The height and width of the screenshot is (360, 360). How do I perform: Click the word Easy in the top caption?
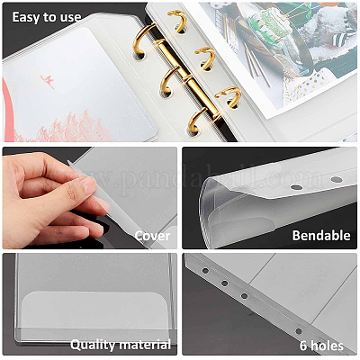pos(26,17)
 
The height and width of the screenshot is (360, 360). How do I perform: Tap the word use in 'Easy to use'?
pos(70,18)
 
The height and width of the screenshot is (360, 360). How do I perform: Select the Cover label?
pos(152,236)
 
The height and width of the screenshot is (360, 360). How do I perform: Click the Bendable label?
pos(321,236)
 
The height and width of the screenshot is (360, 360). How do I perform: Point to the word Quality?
pos(93,345)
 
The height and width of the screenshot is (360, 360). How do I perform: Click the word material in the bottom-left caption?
pos(144,345)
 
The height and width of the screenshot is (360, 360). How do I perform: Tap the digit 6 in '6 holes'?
pos(303,346)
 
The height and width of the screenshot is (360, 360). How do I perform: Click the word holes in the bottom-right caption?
pos(327,346)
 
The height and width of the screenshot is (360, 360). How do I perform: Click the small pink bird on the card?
pos(48,82)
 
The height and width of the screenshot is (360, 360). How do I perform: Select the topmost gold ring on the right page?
pos(179,21)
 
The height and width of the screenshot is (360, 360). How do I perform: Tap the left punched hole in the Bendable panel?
pos(296,187)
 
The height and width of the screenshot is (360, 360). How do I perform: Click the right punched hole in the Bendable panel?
pos(337,180)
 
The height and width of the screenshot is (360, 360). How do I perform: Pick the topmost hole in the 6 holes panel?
pos(205,271)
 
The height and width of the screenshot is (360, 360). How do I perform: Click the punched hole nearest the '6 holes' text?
pos(299,331)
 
